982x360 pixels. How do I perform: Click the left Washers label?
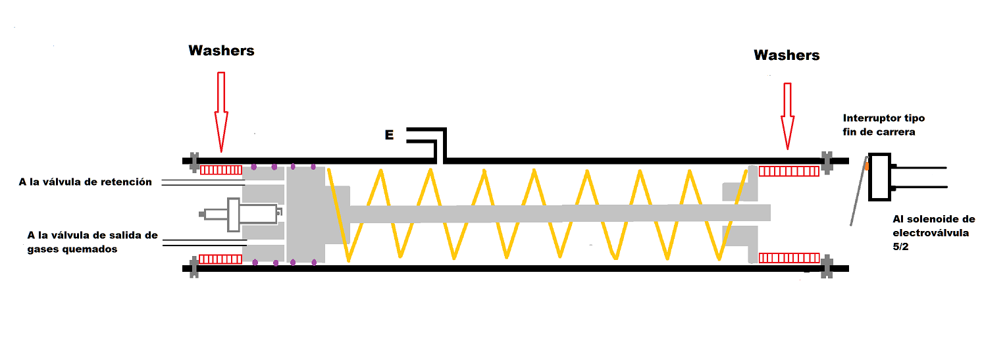click(221, 51)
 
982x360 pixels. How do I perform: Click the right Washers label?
click(787, 55)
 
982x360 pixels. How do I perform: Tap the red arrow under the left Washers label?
click(221, 112)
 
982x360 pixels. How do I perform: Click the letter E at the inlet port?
click(389, 136)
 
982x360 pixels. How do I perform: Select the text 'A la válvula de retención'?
click(86, 182)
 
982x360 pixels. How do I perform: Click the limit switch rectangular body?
click(879, 176)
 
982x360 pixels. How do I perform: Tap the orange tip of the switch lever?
click(867, 167)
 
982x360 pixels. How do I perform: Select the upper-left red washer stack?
click(221, 170)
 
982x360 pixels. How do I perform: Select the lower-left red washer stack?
click(221, 259)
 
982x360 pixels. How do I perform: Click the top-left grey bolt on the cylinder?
click(194, 160)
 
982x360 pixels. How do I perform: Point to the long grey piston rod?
click(559, 213)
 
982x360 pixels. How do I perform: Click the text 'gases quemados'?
click(72, 249)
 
